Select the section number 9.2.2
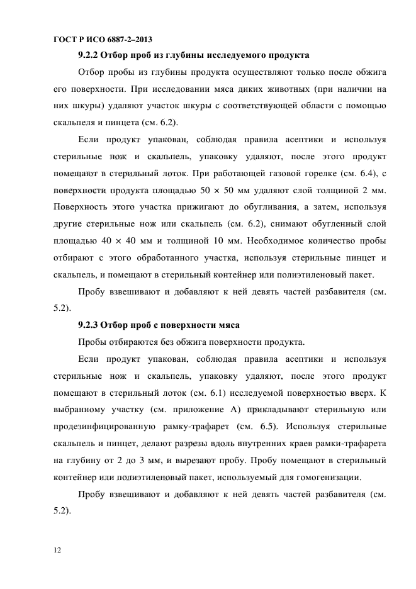coord(90,55)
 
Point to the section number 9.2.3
coord(90,325)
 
